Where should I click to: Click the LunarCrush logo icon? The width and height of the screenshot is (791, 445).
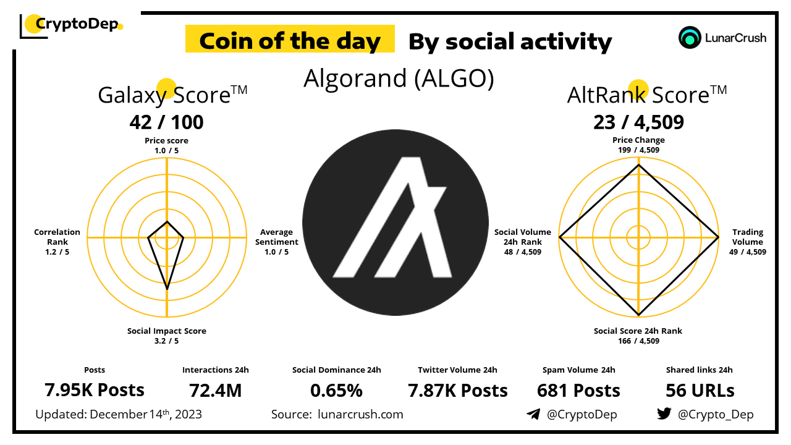coord(690,38)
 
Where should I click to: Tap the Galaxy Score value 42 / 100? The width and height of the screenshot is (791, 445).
coord(166,122)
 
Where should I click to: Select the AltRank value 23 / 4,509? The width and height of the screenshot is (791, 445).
coord(638,122)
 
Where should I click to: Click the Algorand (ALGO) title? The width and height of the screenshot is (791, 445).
coord(399,78)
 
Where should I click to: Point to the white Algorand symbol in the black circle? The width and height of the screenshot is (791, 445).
coord(392,217)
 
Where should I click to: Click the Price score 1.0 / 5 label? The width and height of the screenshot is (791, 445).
coord(166,145)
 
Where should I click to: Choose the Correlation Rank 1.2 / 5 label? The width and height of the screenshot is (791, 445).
coord(57,242)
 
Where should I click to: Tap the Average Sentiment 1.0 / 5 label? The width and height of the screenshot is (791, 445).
coord(277,242)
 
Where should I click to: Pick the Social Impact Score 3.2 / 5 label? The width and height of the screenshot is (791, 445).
coord(167,336)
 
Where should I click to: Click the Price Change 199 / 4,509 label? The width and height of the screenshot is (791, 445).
coord(638,145)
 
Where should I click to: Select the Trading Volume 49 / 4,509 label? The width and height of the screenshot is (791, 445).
coord(748,242)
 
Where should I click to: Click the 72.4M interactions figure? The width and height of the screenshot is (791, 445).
coord(216,390)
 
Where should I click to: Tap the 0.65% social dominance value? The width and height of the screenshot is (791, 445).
coord(337,390)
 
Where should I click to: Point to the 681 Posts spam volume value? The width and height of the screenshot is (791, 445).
coord(578,390)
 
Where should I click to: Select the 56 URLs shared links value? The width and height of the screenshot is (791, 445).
coord(700,390)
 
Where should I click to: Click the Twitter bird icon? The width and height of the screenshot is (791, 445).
coord(664,413)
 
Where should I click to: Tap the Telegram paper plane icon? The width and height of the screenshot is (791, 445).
coord(533,414)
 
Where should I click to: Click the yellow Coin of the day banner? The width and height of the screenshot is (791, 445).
coord(290,38)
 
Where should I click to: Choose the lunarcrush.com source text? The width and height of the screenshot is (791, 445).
coord(360,414)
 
